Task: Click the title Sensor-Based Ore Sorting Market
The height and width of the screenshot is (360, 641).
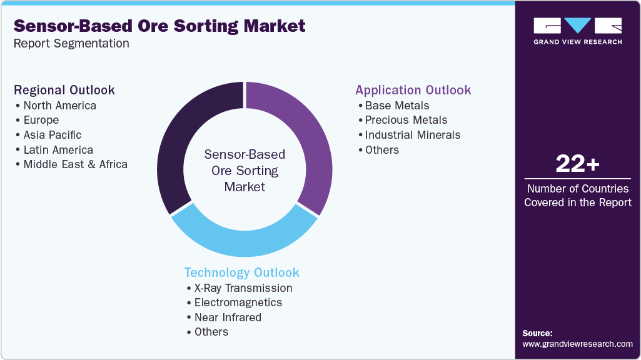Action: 159,26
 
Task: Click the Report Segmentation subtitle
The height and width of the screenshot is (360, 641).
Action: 71,44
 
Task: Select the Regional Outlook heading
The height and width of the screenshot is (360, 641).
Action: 64,90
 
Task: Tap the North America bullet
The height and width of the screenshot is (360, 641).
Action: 59,105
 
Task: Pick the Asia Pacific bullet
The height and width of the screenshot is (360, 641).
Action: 52,135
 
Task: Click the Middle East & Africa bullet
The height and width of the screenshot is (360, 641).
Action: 75,164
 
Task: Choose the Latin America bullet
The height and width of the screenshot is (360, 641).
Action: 58,150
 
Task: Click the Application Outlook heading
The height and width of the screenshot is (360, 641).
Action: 413,90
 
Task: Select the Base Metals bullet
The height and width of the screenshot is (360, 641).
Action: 396,105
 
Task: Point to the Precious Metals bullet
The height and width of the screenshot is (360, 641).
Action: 406,120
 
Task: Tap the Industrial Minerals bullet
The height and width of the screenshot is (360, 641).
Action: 412,135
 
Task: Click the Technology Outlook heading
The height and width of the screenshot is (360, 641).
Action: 241,272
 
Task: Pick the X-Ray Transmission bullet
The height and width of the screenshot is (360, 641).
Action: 243,288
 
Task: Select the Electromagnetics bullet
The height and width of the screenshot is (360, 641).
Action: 238,302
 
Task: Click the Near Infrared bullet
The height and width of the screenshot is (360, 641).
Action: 227,317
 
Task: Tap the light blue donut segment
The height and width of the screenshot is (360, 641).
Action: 244,241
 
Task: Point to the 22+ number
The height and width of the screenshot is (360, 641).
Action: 577,164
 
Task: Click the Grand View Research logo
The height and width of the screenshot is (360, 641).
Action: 577,31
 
